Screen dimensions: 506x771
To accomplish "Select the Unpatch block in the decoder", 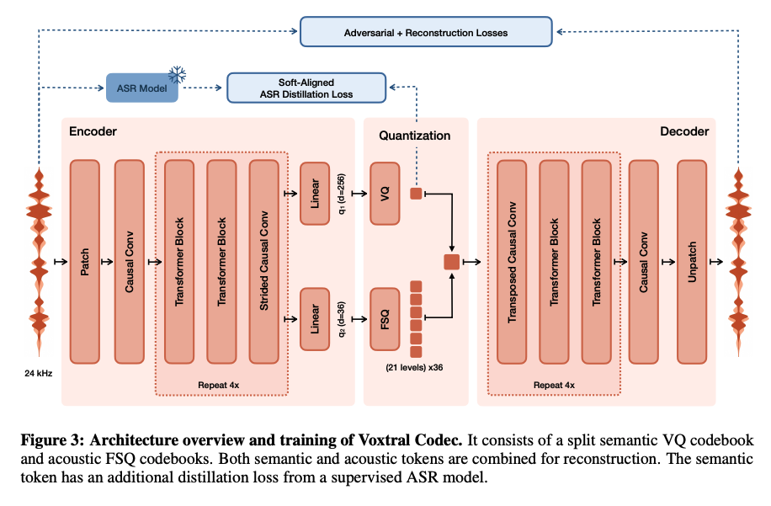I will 693,263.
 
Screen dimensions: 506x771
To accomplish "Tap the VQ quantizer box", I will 385,194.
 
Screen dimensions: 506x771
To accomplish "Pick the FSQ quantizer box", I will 385,318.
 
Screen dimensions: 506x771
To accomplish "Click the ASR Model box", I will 141,88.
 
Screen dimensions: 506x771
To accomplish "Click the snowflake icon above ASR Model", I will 176,74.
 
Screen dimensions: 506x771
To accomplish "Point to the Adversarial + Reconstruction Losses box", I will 426,32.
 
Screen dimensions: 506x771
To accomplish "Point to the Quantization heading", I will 414,135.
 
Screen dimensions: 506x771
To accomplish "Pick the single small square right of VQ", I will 415,194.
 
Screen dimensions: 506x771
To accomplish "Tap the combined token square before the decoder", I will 452,263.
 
